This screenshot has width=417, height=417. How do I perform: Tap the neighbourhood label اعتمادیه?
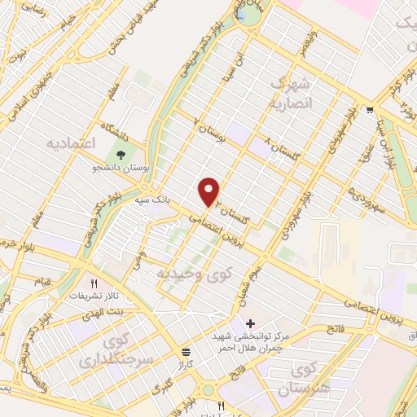click(70, 143)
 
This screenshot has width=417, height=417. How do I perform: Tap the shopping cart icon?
click(371, 109)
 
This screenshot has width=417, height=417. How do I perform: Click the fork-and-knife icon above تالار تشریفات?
click(94, 283)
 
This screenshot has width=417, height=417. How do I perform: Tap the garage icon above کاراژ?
click(187, 351)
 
